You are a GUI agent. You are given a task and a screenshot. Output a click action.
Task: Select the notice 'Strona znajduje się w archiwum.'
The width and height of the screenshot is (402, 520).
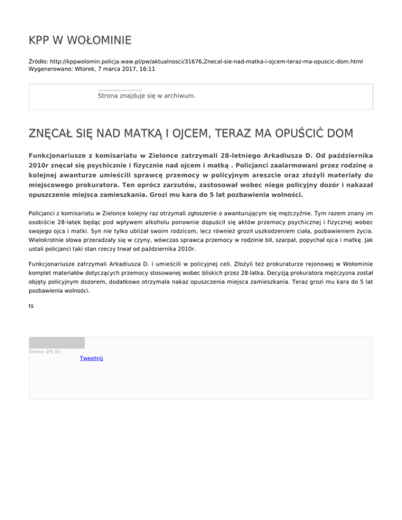[147, 96]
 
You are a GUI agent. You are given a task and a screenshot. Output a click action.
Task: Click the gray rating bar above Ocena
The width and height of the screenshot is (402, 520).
[57, 343]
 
